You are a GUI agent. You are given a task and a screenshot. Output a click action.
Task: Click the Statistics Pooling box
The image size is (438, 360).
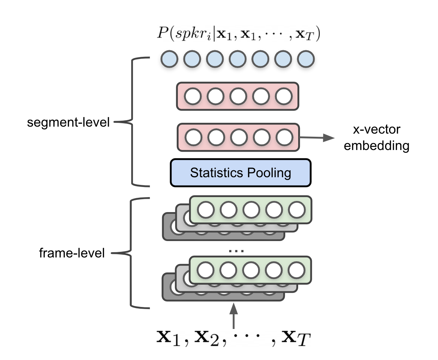pyautogui.click(x=240, y=173)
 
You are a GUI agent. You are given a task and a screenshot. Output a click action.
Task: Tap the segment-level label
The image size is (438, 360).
pyautogui.click(x=68, y=122)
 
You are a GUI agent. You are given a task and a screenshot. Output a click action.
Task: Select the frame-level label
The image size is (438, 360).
pyautogui.click(x=72, y=253)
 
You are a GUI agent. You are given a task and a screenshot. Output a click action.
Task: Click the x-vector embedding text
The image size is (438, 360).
pyautogui.click(x=376, y=137)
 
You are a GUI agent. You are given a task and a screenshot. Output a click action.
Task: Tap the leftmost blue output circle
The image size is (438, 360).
pyautogui.click(x=169, y=59)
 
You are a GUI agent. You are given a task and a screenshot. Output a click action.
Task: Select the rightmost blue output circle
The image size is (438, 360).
pyautogui.click(x=305, y=59)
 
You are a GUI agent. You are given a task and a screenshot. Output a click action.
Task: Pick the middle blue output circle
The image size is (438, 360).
pyautogui.click(x=237, y=59)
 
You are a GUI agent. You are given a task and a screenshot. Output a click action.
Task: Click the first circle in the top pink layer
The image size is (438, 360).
pyautogui.click(x=192, y=97)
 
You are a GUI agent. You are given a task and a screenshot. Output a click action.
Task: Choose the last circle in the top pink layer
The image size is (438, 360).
pyautogui.click(x=284, y=97)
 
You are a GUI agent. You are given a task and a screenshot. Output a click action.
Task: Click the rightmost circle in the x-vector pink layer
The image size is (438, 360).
pyautogui.click(x=284, y=137)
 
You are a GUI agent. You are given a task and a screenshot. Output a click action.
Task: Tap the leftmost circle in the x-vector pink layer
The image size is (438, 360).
pyautogui.click(x=193, y=137)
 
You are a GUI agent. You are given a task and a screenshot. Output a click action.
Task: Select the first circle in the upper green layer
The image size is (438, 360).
pyautogui.click(x=206, y=210)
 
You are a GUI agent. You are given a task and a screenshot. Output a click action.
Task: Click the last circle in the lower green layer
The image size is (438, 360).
pyautogui.click(x=297, y=271)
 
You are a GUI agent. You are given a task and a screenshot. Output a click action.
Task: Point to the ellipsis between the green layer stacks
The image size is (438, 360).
pyautogui.click(x=236, y=250)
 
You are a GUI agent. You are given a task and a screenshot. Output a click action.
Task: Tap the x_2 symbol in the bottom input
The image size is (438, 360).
pyautogui.click(x=207, y=338)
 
